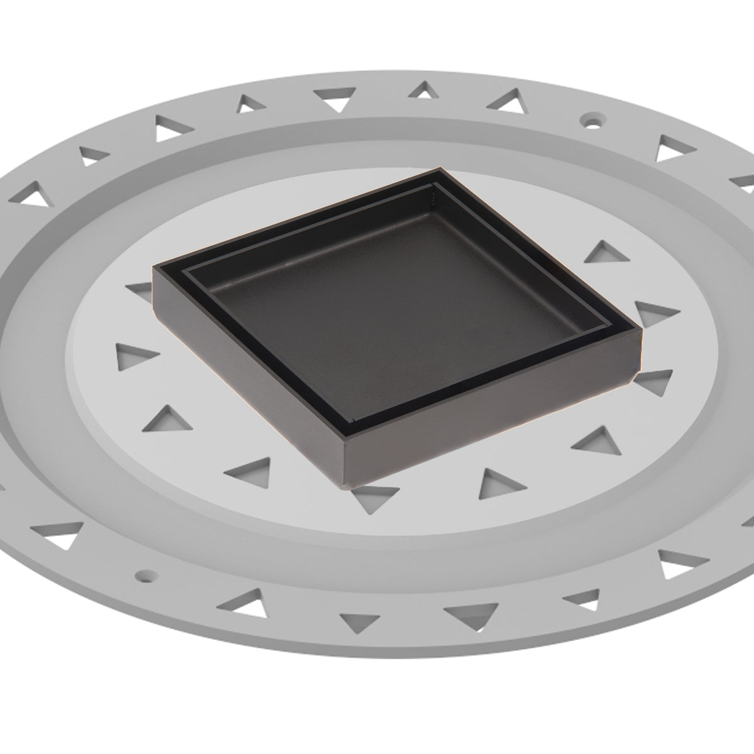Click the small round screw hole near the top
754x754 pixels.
tap(591, 119)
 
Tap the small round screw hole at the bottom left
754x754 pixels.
tap(146, 574)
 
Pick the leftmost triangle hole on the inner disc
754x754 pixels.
tap(135, 356)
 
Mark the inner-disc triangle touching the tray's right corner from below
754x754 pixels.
tap(653, 380)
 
